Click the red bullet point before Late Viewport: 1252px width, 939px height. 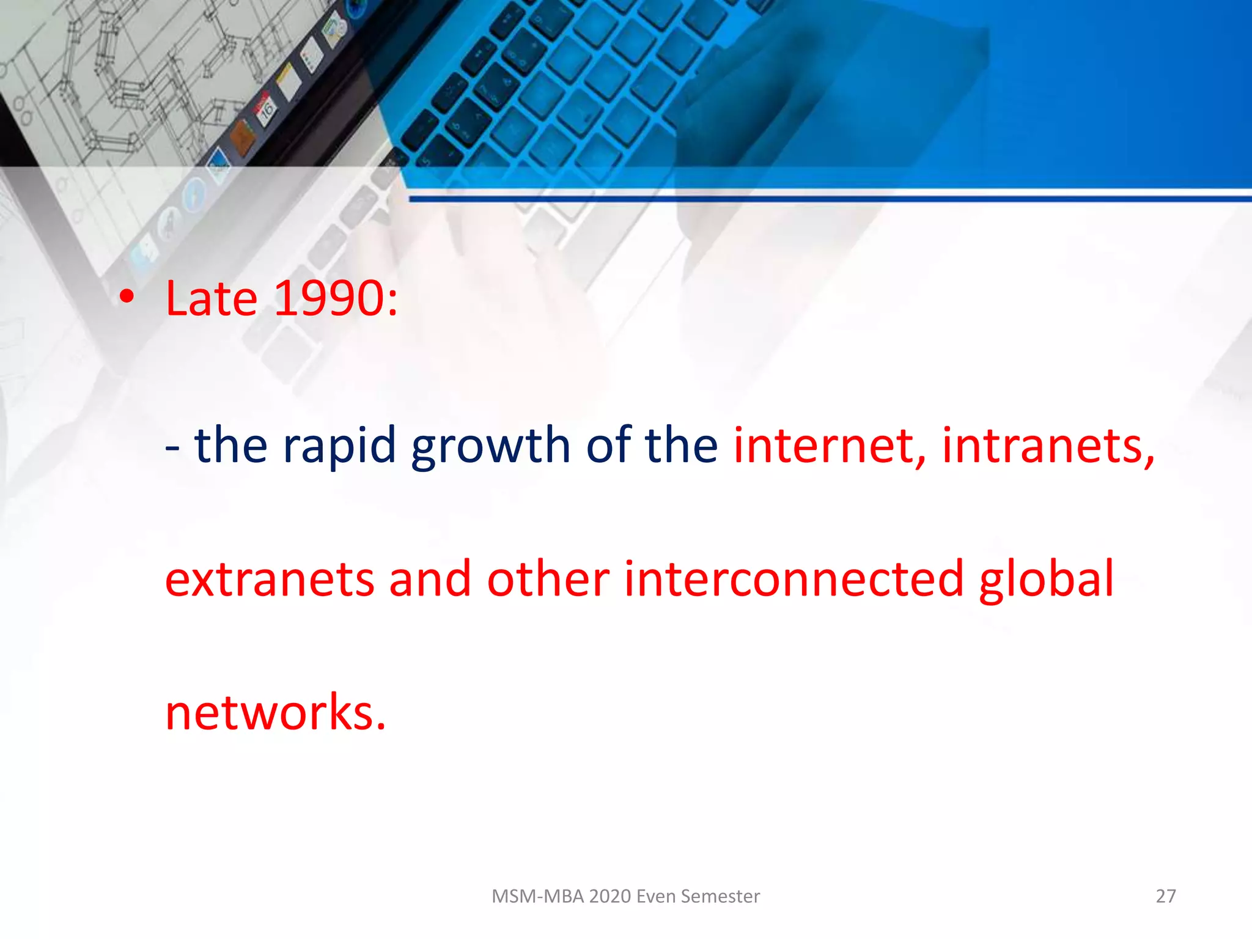pos(127,297)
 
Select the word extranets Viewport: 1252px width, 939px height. pos(269,579)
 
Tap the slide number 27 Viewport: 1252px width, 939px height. pos(1165,896)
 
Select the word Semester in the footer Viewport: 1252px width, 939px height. pos(720,896)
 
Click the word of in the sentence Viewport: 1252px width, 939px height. pos(608,445)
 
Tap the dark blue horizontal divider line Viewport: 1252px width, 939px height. pos(825,199)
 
